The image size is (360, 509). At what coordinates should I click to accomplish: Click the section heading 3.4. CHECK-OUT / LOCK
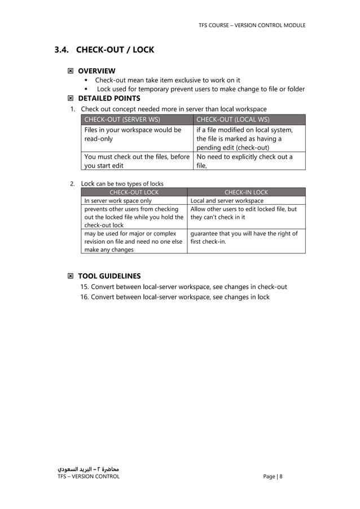click(104, 50)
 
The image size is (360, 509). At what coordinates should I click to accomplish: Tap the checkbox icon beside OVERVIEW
click(70, 71)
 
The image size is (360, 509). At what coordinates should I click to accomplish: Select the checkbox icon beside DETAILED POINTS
click(70, 98)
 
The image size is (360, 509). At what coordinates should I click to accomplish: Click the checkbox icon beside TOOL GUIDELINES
click(70, 276)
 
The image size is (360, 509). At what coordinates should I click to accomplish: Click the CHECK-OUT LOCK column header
click(134, 192)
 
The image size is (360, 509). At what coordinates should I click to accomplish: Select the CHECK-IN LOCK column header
click(246, 192)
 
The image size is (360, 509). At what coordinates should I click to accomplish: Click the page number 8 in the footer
click(280, 476)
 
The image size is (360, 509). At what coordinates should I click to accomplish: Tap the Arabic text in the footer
click(89, 468)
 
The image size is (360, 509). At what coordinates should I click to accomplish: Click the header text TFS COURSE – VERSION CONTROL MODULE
click(252, 25)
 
